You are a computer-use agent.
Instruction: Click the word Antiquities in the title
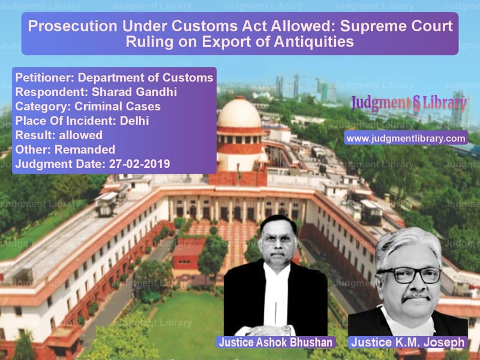[314, 41]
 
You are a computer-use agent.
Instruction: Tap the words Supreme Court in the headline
[397, 26]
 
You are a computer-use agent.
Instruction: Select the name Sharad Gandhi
[134, 92]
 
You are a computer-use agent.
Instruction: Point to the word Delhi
[134, 121]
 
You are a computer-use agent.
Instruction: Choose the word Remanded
[85, 149]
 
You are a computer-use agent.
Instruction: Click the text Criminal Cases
[118, 106]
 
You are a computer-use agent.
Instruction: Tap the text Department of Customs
[146, 77]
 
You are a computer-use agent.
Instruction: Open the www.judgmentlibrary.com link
[406, 139]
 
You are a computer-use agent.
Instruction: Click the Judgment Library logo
[409, 103]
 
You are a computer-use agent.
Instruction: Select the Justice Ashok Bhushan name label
[276, 342]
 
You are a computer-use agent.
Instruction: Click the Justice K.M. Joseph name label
[408, 342]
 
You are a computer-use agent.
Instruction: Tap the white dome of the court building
[239, 113]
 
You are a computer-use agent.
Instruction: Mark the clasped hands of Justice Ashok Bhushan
[269, 331]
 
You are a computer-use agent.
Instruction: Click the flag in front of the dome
[239, 172]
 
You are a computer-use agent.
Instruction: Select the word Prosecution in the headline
[73, 26]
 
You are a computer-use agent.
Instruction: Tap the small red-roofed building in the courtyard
[188, 253]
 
